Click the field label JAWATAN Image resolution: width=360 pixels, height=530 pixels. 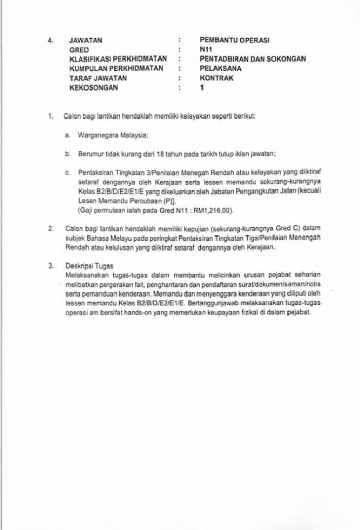tap(86, 40)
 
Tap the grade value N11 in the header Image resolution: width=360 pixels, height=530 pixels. tap(206, 50)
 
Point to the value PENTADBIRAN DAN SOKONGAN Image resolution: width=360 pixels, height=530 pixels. tap(253, 59)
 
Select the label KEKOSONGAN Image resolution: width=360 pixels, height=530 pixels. tap(93, 88)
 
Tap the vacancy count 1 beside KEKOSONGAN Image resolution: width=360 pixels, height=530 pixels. tap(201, 88)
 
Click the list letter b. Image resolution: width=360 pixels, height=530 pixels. tap(68, 154)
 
